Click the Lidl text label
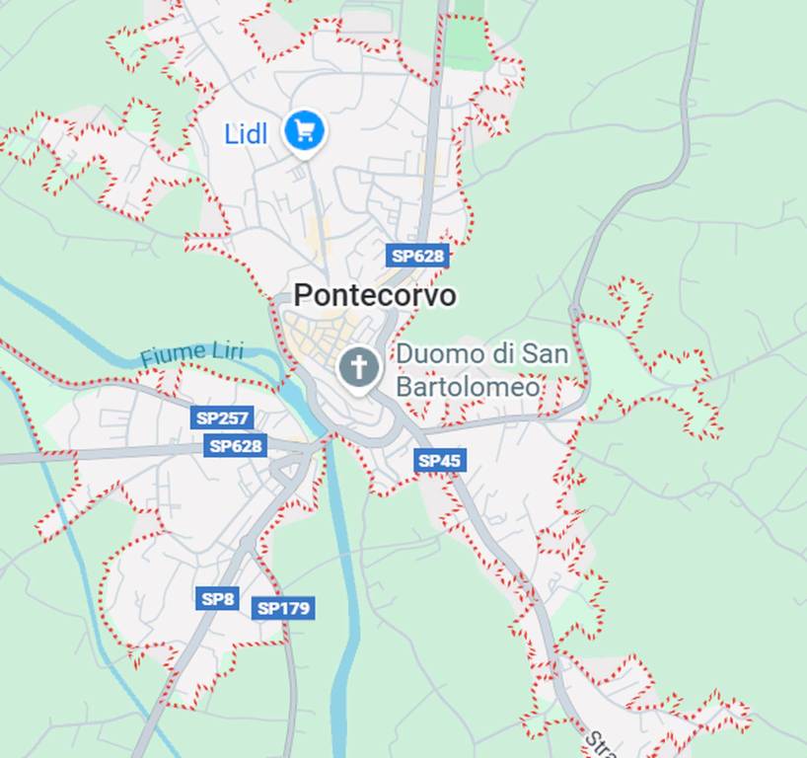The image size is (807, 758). click(x=246, y=133)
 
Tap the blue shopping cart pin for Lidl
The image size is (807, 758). click(x=304, y=130)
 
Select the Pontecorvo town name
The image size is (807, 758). click(x=375, y=294)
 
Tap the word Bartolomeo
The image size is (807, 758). click(x=468, y=386)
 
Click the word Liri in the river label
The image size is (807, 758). click(x=227, y=349)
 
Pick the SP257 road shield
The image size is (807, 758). click(x=223, y=417)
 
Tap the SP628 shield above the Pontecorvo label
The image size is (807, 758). click(x=417, y=256)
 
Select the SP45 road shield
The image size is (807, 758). click(x=440, y=460)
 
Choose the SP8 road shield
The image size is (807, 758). click(x=217, y=598)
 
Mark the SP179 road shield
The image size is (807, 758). click(x=283, y=608)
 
